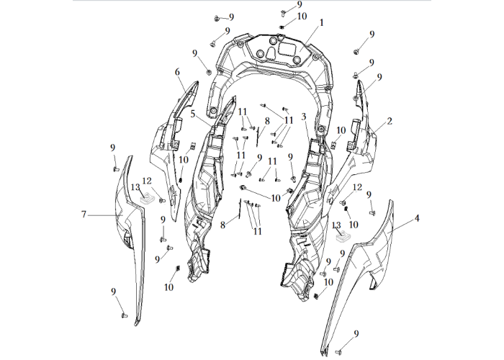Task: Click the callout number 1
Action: point(321,23)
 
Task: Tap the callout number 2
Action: point(390,122)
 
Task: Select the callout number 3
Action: point(304,117)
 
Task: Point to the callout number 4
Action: point(417,219)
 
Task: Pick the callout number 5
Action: point(192,114)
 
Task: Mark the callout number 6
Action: point(177,72)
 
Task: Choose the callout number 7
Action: point(84,215)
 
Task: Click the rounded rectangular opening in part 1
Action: point(287,48)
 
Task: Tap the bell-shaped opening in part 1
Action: point(271,53)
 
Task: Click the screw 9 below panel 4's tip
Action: point(338,353)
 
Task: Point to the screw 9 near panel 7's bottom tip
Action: point(124,315)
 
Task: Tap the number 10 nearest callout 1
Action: point(302,17)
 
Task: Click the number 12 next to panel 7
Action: point(147,181)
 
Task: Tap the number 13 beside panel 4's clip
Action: point(336,225)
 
